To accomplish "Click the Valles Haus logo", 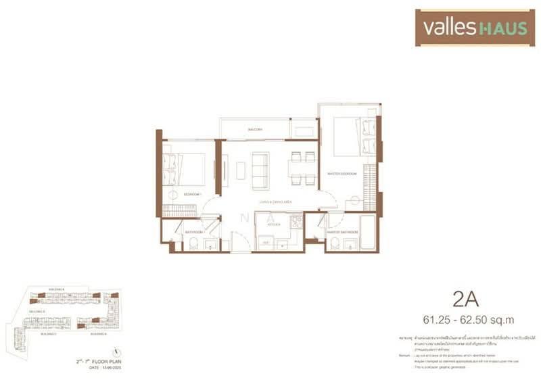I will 474,27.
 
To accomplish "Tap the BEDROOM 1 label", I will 192,194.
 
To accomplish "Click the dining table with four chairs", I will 301,167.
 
